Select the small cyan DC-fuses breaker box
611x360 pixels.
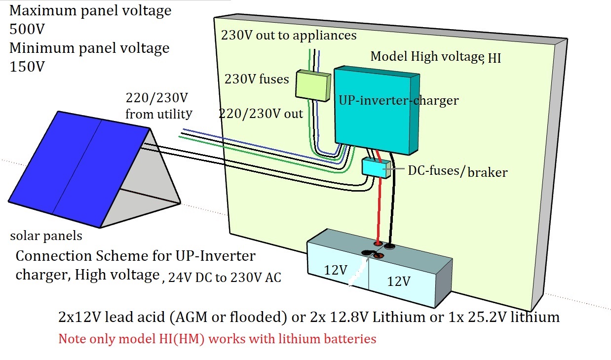(x=376, y=168)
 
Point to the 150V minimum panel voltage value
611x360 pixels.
(x=27, y=67)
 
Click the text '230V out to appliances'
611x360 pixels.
(x=288, y=35)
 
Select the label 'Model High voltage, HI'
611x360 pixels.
(x=435, y=57)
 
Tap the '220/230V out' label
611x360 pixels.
(x=261, y=114)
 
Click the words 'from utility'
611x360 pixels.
(x=158, y=115)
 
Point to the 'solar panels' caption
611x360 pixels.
(x=46, y=236)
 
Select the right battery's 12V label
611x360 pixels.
(x=398, y=281)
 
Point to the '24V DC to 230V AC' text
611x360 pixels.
(x=225, y=278)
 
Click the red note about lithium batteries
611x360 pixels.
(x=217, y=339)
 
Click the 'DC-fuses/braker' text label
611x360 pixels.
(x=457, y=172)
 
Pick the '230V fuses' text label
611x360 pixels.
(x=257, y=79)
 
